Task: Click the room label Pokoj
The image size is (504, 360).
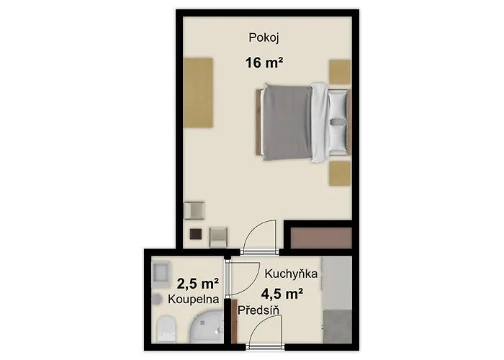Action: (264, 37)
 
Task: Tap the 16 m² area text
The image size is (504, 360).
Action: (264, 63)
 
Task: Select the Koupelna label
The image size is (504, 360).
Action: (194, 300)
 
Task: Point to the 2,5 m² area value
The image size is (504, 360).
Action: (198, 284)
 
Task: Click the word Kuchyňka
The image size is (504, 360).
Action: (291, 274)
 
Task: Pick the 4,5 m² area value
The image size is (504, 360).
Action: (282, 293)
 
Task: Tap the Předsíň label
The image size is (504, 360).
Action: (258, 310)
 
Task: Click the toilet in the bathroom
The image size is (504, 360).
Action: (166, 329)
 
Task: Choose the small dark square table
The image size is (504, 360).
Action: (196, 234)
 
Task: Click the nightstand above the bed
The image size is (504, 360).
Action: (340, 72)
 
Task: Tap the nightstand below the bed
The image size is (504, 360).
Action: (340, 174)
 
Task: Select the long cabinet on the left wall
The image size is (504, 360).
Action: (198, 93)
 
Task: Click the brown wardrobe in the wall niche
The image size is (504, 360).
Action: (321, 238)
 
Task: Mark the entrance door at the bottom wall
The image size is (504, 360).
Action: (265, 347)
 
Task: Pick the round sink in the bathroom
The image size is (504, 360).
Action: (156, 299)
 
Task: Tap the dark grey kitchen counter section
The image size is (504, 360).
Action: (338, 326)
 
